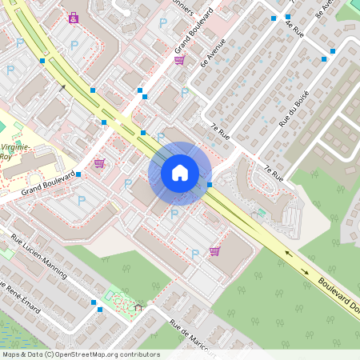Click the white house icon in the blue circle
180,173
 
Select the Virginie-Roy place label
16,152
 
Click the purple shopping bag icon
74,18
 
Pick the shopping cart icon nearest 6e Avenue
179,60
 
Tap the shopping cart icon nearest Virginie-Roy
99,163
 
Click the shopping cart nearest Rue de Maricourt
214,251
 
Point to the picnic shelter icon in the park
138,306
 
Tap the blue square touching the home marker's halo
210,185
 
